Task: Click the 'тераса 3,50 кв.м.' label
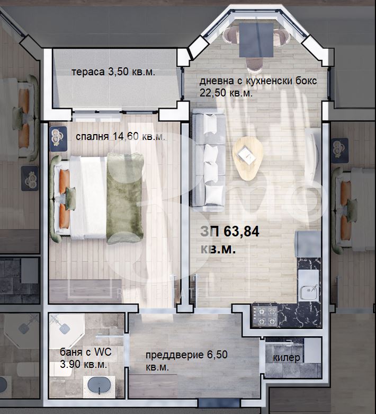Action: (113, 72)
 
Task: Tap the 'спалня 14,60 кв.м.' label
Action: (120, 137)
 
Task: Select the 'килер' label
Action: (287, 358)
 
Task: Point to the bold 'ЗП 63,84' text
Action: (230, 232)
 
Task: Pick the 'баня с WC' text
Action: (86, 352)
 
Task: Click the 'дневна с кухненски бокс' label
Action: (258, 81)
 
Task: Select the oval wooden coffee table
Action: (247, 158)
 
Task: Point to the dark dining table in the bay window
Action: (256, 40)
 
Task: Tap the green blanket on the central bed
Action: (124, 198)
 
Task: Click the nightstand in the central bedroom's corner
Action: (58, 138)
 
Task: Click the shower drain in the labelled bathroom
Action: (65, 329)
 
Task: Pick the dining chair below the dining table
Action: (255, 65)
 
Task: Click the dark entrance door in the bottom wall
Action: (219, 403)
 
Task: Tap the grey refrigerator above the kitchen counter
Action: (308, 244)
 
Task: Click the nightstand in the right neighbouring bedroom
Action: (340, 151)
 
